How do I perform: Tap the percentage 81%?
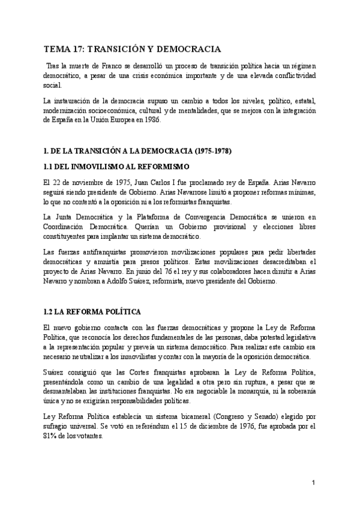pyautogui.click(x=51, y=436)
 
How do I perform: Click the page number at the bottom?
pyautogui.click(x=313, y=483)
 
